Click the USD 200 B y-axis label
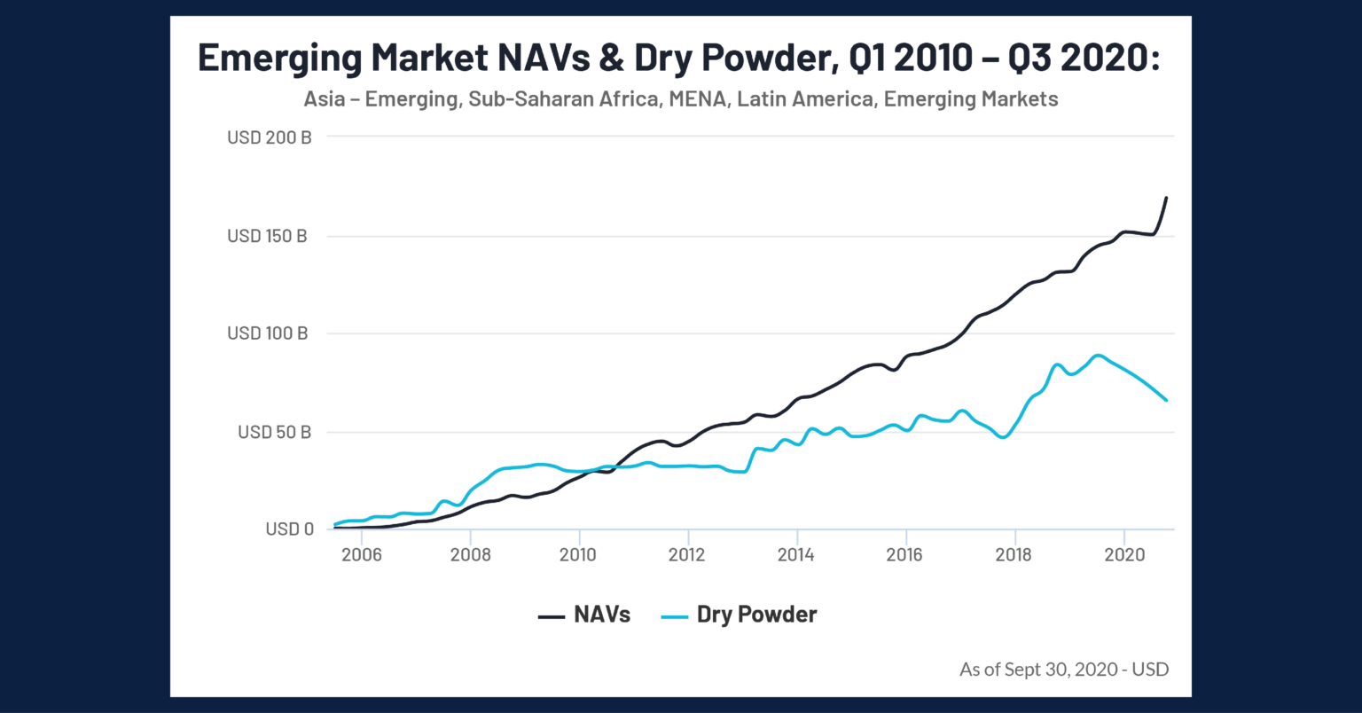tap(269, 137)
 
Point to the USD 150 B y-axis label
tap(267, 236)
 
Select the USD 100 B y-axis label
tap(267, 333)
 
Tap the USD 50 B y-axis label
tap(274, 432)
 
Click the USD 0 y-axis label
tap(289, 529)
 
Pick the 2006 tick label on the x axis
tap(361, 555)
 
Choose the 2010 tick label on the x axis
tap(578, 555)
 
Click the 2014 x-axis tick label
tap(795, 555)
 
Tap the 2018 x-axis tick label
tap(1013, 555)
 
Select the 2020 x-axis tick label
tap(1123, 555)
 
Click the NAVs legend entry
tap(584, 615)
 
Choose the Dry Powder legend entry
tap(740, 615)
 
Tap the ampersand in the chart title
tap(610, 58)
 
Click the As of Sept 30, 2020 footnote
tap(1063, 669)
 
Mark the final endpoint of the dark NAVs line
tap(1166, 198)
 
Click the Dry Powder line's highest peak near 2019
tap(1098, 356)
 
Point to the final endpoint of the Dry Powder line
tap(1166, 400)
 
